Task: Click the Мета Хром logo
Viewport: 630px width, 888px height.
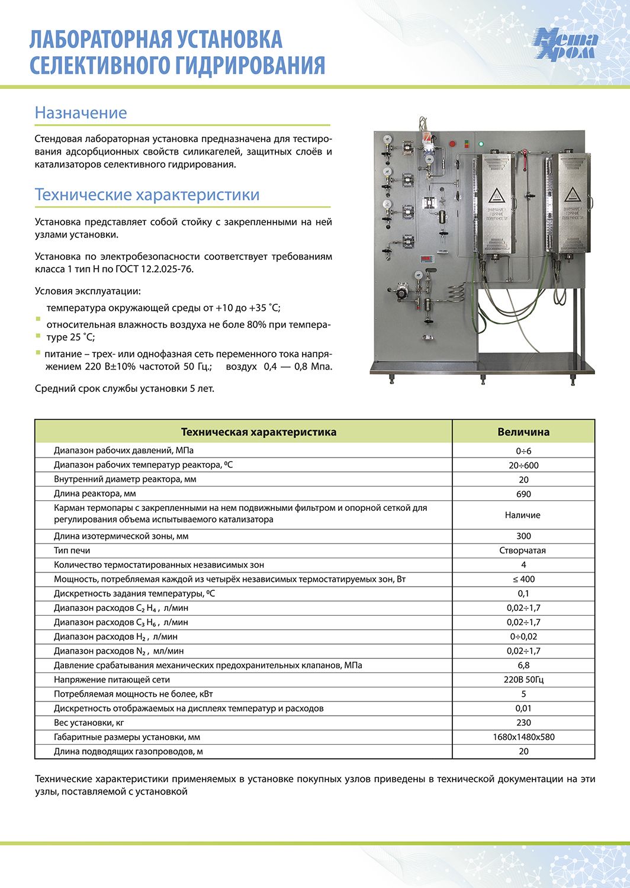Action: (565, 45)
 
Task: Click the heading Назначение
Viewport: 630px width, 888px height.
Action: (81, 112)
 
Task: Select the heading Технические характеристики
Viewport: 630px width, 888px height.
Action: (147, 195)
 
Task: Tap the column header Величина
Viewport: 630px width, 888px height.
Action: (523, 432)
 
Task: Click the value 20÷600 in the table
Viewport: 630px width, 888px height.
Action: (523, 465)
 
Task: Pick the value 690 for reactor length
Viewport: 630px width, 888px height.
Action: (523, 494)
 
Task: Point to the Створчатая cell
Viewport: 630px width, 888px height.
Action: (523, 551)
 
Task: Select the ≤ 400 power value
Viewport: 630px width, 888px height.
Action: (523, 579)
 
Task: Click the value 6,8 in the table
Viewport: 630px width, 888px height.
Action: (523, 665)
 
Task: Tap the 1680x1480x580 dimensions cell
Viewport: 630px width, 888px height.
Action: (523, 737)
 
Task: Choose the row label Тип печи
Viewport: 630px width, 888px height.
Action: (72, 551)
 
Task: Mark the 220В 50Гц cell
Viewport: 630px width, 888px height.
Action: (523, 680)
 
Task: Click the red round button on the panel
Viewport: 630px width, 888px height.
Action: (454, 143)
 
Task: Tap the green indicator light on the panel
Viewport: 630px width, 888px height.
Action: (481, 143)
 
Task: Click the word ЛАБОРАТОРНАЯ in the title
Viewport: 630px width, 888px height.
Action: (101, 39)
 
